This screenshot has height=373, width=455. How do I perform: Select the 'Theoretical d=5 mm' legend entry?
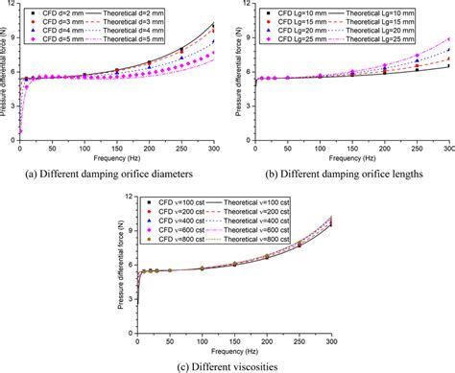click(139, 44)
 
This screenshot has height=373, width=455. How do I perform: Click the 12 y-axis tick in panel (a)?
click(12, 6)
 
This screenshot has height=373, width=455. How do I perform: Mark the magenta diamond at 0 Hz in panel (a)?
click(21, 131)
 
